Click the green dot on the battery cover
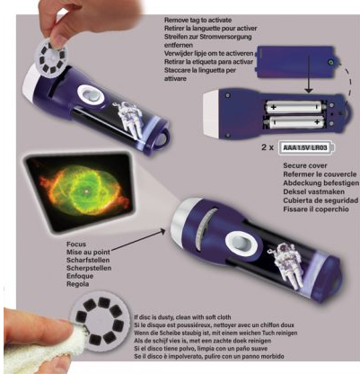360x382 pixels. (331, 62)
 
